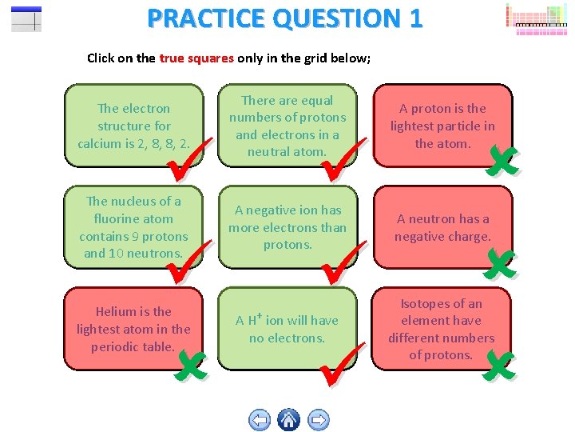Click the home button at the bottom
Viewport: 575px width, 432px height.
tap(289, 418)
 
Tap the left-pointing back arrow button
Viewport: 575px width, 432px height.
tap(260, 419)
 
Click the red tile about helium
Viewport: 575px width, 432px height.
tap(133, 329)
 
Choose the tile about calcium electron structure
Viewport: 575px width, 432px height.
tap(133, 126)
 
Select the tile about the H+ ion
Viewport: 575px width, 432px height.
tap(287, 329)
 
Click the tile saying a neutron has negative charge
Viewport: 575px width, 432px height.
tap(442, 227)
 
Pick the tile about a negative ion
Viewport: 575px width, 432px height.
tap(287, 227)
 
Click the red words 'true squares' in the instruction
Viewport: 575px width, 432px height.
tap(196, 58)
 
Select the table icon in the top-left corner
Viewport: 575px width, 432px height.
tap(26, 18)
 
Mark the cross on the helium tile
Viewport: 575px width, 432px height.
tap(192, 365)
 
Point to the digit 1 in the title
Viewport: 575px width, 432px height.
tap(414, 18)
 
